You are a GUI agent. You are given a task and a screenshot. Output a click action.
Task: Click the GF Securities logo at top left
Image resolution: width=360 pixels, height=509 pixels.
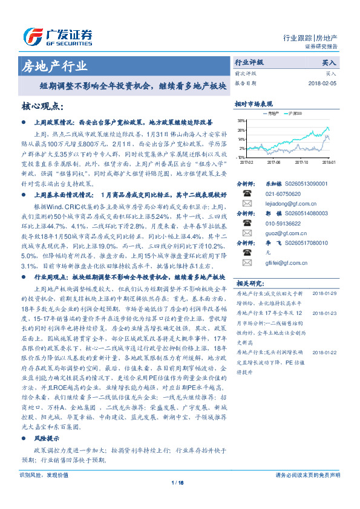pyautogui.click(x=57, y=35)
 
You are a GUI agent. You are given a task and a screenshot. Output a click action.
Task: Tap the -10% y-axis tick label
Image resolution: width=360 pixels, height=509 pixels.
pyautogui.click(x=241, y=157)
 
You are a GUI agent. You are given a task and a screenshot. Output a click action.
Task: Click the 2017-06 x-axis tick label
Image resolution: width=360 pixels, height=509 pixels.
pyautogui.click(x=273, y=162)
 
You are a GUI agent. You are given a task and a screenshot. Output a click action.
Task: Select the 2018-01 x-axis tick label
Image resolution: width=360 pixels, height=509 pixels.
pyautogui.click(x=328, y=162)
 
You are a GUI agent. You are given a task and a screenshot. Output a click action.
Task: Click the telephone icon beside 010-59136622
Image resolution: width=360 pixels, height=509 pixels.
pyautogui.click(x=246, y=223)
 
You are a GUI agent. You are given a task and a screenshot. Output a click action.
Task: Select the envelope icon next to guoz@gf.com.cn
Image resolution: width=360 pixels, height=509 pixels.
pyautogui.click(x=246, y=233)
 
